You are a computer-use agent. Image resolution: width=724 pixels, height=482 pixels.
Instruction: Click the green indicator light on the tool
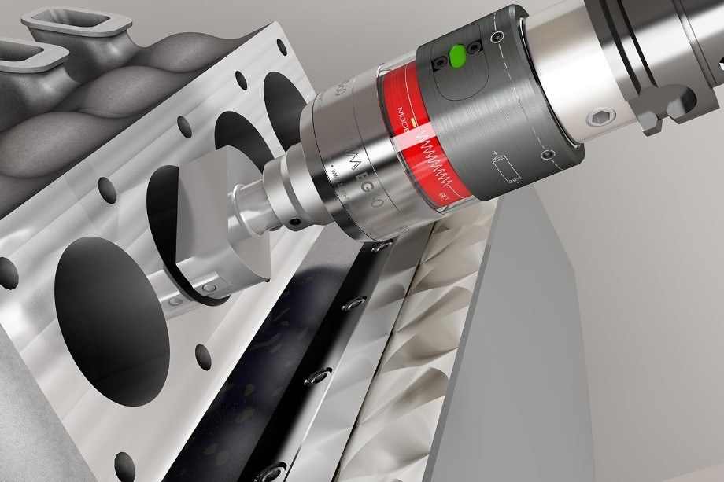tap(457, 56)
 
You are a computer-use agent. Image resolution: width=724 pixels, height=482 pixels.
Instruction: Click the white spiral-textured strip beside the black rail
tap(425, 315)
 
